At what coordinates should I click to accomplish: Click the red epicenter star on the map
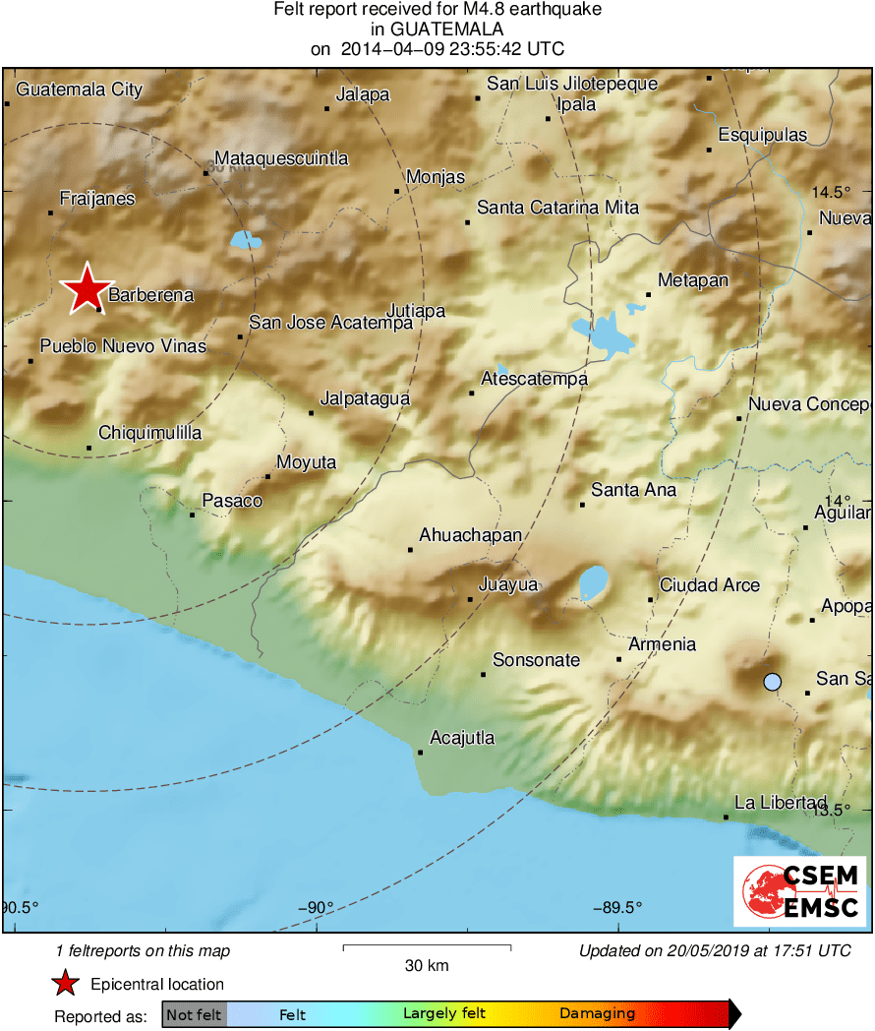coord(87,289)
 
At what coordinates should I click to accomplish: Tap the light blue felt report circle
coord(773,681)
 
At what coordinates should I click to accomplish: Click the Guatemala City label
coord(80,90)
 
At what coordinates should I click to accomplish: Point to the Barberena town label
coord(150,295)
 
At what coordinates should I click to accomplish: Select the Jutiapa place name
coord(416,312)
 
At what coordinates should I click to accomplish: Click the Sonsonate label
coord(536,660)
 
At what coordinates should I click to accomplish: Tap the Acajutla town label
coord(462,738)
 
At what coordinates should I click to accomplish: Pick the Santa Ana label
coord(633,490)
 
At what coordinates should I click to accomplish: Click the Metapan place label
coord(693,281)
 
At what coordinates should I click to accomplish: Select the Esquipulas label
coord(762,135)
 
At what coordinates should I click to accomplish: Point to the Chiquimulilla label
coord(150,433)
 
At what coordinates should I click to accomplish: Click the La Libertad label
coord(781,803)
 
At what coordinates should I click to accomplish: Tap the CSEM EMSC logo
coord(799,891)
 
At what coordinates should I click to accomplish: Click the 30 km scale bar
coord(427,948)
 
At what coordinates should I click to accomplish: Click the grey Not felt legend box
coord(195,1014)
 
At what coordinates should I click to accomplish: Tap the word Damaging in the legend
coord(597,1014)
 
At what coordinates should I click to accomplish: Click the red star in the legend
coord(65,984)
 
